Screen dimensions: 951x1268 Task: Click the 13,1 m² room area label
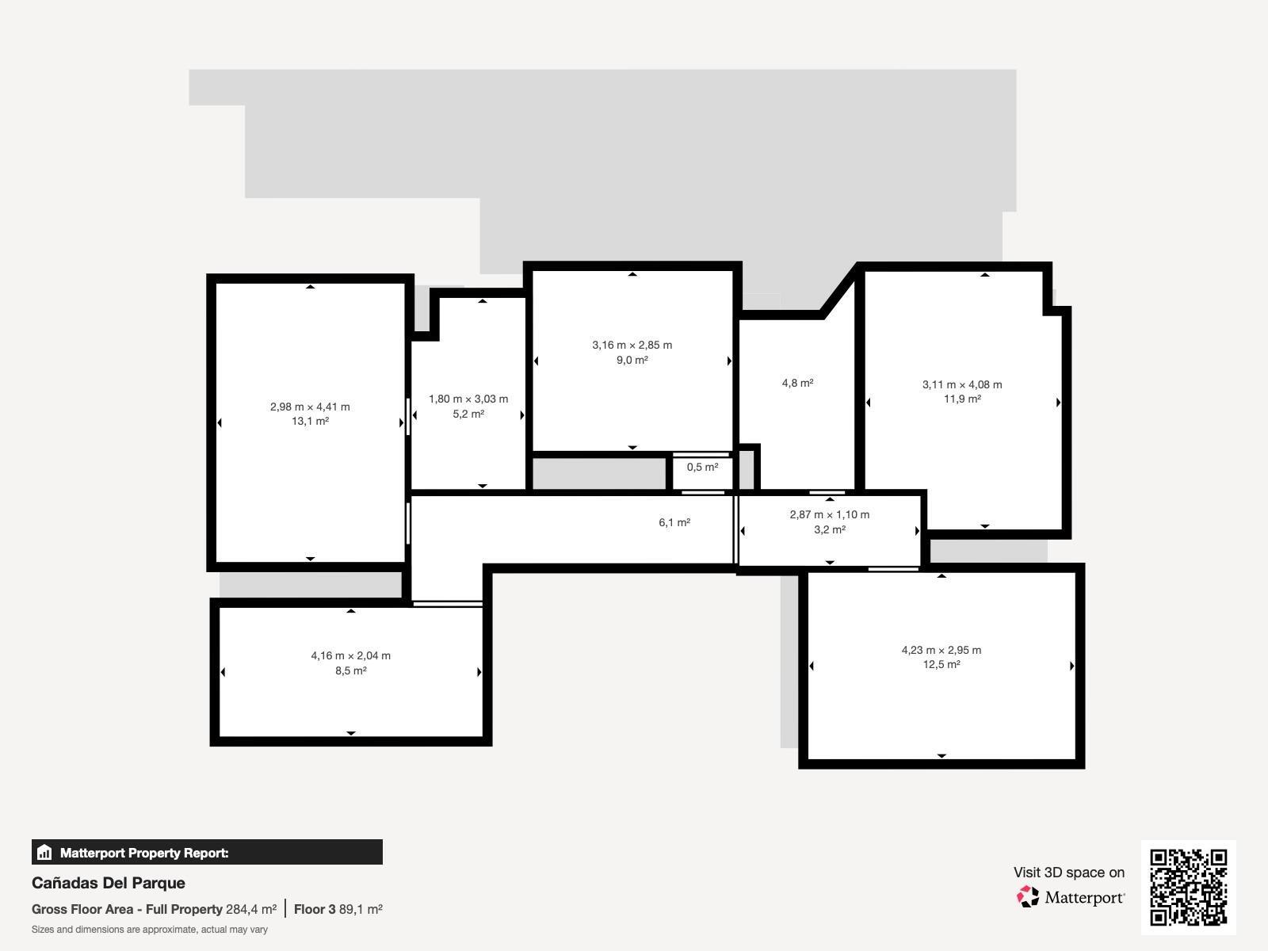[x=310, y=422]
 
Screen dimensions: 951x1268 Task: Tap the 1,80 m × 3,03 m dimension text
[x=468, y=399]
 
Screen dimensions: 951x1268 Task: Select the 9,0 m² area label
[x=632, y=360]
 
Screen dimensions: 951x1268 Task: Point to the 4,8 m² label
[x=797, y=383]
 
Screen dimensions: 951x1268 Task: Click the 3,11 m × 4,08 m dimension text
[x=961, y=384]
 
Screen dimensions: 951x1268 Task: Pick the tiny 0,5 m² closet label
[x=702, y=468]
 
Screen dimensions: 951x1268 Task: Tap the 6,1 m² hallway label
[x=674, y=522]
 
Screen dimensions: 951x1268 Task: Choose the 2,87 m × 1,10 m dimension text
[x=829, y=514]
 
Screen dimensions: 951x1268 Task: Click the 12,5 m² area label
[x=941, y=665]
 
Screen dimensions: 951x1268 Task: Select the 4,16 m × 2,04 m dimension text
[x=350, y=655]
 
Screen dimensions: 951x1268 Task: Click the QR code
[x=1188, y=887]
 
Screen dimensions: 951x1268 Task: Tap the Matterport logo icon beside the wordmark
[x=1028, y=897]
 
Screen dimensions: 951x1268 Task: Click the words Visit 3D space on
[x=1068, y=873]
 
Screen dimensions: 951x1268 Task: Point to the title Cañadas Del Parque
[x=109, y=883]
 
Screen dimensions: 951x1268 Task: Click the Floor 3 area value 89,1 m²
[x=361, y=909]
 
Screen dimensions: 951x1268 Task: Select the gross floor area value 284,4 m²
[x=251, y=909]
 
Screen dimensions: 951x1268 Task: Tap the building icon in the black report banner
[x=44, y=853]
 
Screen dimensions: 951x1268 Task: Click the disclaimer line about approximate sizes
[x=150, y=930]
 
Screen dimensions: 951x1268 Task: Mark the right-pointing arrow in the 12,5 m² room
[x=1071, y=666]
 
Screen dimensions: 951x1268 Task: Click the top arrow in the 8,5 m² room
[x=350, y=611]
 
